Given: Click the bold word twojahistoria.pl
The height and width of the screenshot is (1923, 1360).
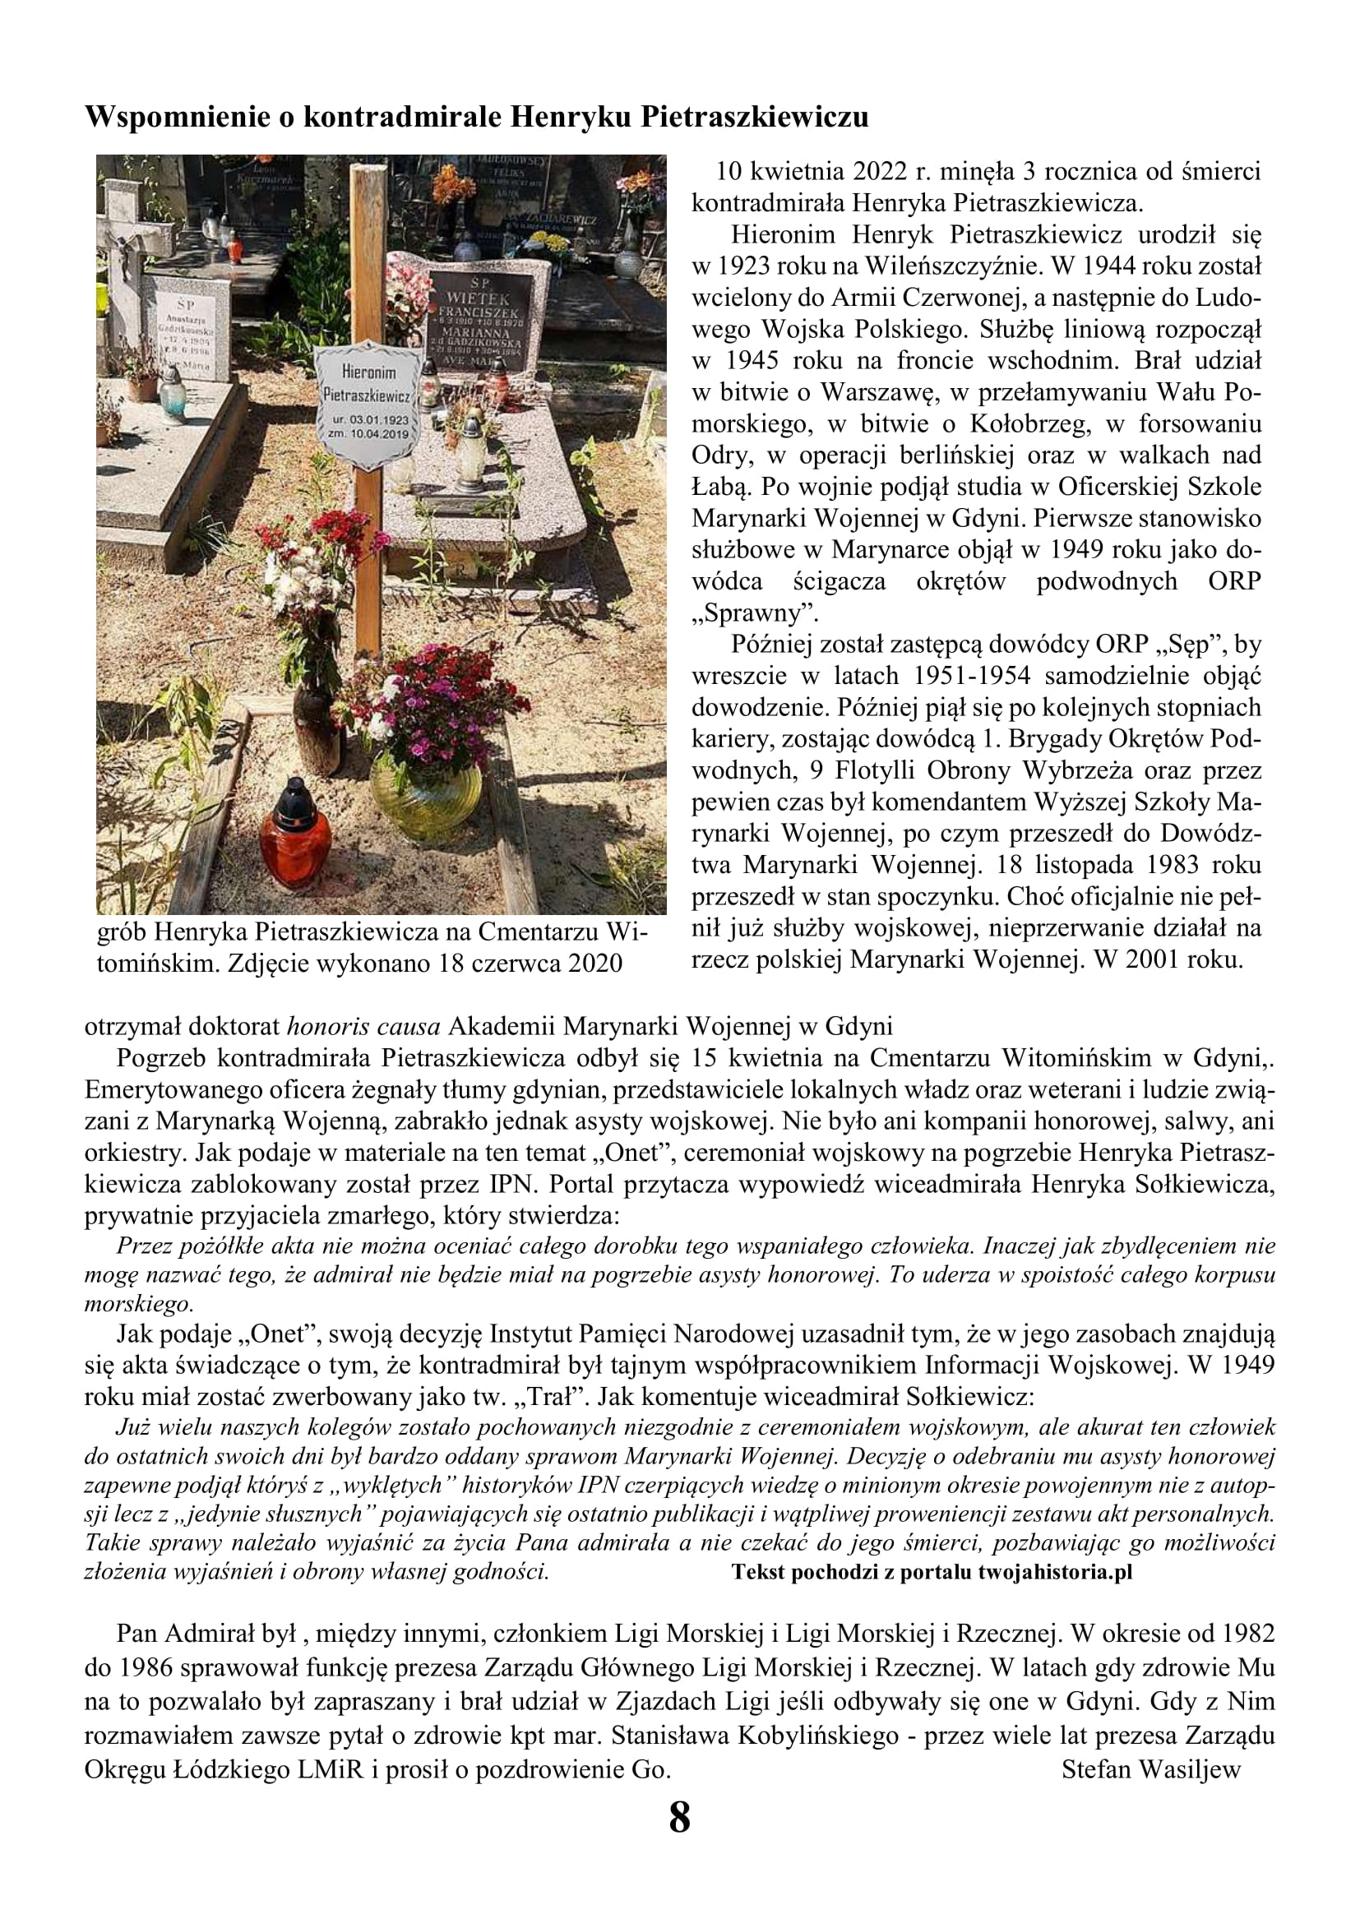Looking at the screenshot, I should coord(1054,1572).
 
